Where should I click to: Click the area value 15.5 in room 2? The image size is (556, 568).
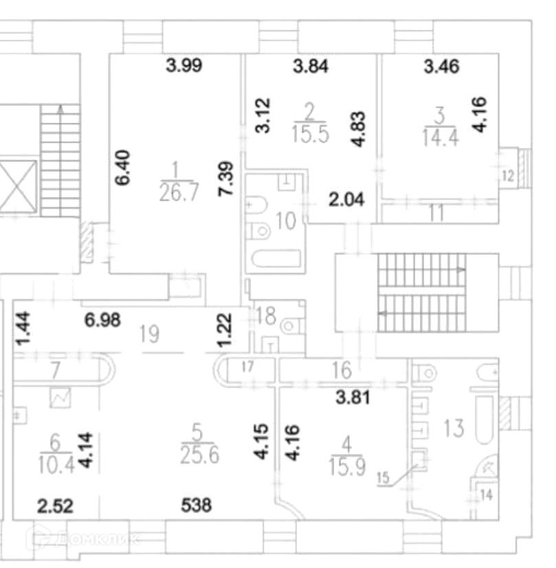310,133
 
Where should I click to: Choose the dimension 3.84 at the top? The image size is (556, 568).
311,67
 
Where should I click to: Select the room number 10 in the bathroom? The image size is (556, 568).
285,222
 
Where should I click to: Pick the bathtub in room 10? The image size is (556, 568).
276,260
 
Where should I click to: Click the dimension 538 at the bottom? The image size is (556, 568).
197,506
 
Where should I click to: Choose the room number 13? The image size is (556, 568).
453,428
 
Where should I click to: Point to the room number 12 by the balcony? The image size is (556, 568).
508,176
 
